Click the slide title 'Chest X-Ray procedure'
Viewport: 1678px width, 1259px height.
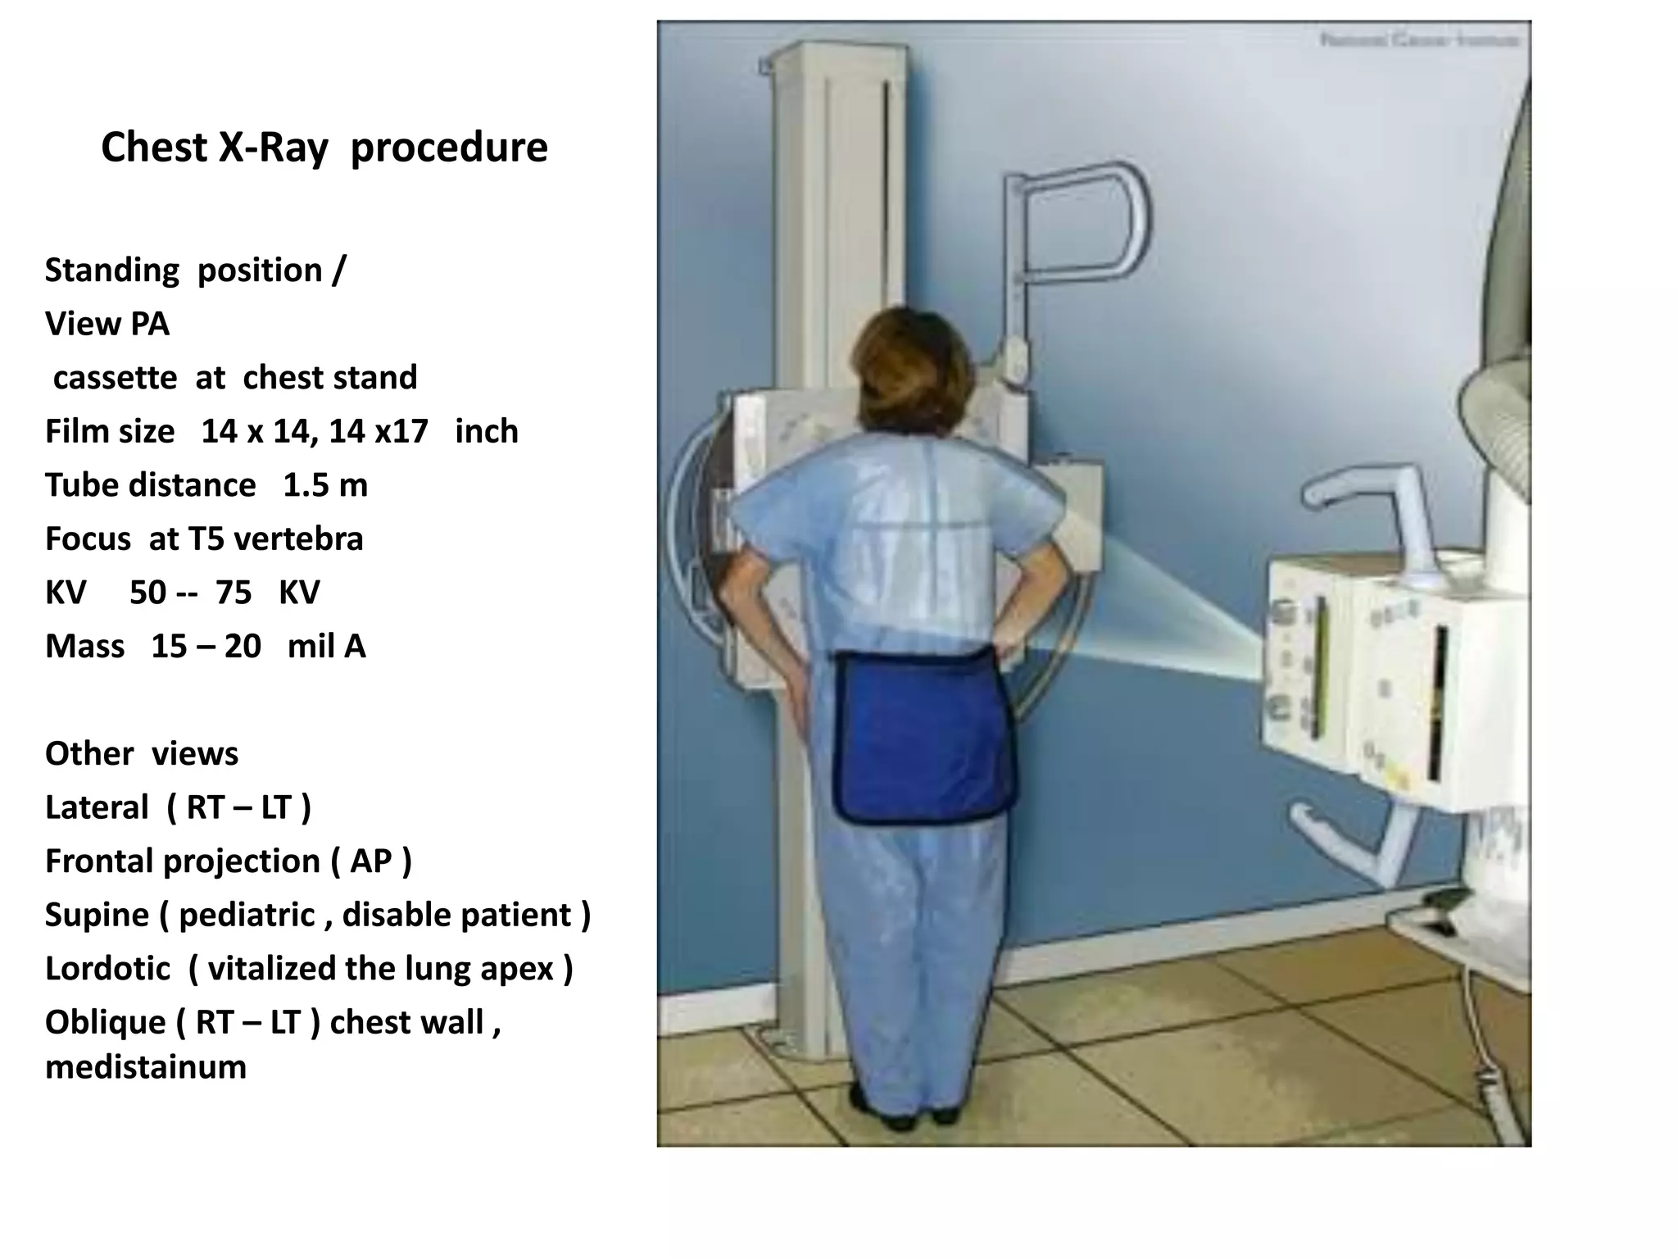324,148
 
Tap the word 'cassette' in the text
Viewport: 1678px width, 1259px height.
115,378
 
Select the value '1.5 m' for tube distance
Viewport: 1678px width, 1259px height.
325,485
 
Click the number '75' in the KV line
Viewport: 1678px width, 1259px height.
234,593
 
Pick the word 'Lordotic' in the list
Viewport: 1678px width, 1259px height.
107,969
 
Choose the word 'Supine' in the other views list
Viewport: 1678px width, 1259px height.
97,915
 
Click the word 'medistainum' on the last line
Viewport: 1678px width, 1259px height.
146,1067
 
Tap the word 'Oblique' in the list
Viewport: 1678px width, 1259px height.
105,1023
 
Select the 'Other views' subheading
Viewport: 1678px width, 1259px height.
141,754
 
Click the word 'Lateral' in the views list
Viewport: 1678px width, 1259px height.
97,808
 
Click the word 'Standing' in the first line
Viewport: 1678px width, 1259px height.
111,270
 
